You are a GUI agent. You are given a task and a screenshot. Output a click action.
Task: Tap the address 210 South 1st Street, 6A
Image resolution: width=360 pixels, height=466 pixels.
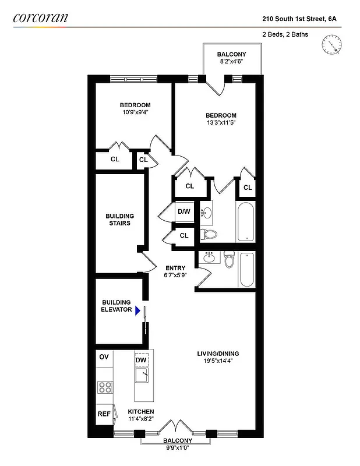point(299,19)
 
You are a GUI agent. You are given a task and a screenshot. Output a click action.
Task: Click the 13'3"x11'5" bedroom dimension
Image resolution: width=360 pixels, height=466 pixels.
point(221,123)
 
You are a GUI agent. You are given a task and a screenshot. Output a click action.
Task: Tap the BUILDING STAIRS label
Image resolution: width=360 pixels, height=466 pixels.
point(118,220)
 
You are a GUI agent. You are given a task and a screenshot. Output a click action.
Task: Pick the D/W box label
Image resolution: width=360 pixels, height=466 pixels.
point(184,211)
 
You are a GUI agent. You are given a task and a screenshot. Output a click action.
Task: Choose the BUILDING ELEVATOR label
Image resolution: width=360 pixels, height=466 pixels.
point(117,306)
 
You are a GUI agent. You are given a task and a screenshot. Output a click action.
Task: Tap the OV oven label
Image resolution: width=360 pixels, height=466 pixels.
point(104,357)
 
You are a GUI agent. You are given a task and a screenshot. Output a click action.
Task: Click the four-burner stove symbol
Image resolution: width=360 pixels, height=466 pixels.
point(105,387)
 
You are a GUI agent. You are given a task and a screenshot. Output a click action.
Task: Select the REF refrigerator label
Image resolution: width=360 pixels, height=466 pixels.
point(104,414)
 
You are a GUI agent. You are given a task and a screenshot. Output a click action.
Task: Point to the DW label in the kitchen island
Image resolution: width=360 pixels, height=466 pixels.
point(141,360)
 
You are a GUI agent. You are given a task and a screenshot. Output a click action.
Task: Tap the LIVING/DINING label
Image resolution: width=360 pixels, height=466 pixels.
point(217,353)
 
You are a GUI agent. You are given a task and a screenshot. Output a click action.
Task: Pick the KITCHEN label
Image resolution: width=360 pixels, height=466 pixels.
point(141,412)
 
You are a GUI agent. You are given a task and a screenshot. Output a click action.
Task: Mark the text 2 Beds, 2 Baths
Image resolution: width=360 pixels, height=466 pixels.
point(285,34)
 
